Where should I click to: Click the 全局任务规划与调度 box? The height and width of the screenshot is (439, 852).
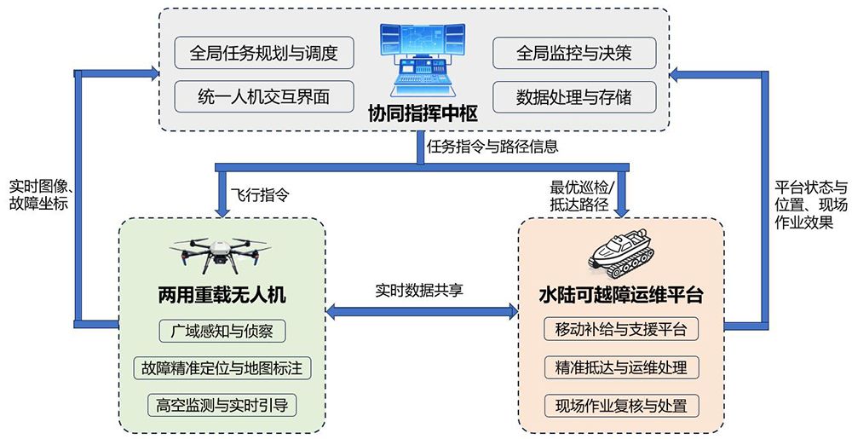264,53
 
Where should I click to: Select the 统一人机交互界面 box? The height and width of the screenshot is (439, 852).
264,95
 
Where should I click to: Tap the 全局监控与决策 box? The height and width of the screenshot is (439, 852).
574,53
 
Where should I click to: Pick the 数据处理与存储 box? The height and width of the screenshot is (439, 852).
574,95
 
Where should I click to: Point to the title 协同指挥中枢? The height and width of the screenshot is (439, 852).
423,113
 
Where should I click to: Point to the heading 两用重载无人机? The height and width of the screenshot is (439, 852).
222,295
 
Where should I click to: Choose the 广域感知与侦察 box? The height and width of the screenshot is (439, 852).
222,331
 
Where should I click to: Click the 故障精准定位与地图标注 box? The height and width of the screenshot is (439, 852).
222,368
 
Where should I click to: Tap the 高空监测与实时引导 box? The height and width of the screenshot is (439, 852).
222,405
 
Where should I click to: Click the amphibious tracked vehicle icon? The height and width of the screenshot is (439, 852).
623,252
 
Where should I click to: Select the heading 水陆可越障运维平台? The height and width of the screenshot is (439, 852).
622,296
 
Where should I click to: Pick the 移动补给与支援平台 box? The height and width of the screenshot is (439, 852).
622,330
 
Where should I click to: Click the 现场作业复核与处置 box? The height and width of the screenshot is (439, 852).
622,405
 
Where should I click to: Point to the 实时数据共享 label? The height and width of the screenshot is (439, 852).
419,289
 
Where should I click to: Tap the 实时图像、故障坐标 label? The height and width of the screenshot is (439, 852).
39,195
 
